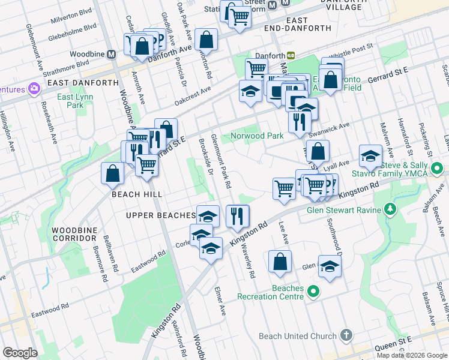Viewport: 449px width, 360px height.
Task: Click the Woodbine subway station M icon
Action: tap(111, 54)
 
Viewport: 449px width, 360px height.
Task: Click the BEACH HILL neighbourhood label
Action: tap(133, 194)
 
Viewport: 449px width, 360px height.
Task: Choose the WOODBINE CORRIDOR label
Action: tap(74, 234)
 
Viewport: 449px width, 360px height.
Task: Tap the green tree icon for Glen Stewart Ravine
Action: tap(391, 209)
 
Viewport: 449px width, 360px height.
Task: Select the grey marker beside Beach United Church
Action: tap(346, 335)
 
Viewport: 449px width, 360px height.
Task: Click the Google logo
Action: tap(20, 353)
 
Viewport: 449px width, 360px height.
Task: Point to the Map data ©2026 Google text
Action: tap(412, 355)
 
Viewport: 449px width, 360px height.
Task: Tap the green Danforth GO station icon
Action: tap(291, 55)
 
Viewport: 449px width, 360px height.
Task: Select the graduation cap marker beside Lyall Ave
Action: tap(370, 156)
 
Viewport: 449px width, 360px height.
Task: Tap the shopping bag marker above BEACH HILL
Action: tap(112, 173)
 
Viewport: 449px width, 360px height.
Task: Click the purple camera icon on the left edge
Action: tap(34, 89)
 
